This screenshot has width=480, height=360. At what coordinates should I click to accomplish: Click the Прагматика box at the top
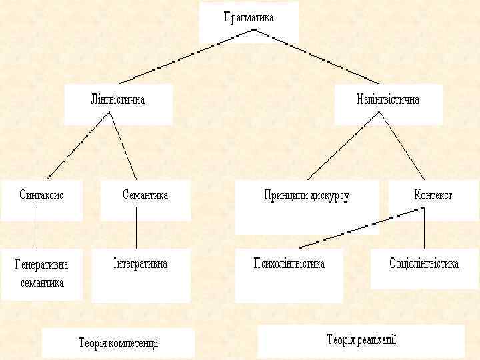[x=248, y=20]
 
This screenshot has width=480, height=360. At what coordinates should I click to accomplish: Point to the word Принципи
[x=286, y=197]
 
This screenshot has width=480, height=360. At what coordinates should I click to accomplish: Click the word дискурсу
[x=329, y=197]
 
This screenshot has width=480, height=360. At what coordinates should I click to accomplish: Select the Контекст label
[x=433, y=196]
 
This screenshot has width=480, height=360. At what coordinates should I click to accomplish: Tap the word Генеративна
[x=41, y=264]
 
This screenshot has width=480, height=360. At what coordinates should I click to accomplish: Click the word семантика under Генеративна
[x=41, y=283]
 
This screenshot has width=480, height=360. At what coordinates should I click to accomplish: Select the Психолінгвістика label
[x=289, y=264]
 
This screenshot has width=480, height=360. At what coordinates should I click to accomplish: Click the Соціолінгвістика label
[x=424, y=264]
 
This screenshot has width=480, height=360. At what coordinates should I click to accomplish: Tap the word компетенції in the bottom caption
[x=135, y=343]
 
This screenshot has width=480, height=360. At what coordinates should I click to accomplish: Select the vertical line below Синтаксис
[x=37, y=233]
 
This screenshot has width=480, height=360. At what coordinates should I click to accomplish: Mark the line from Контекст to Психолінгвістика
[x=360, y=228]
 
